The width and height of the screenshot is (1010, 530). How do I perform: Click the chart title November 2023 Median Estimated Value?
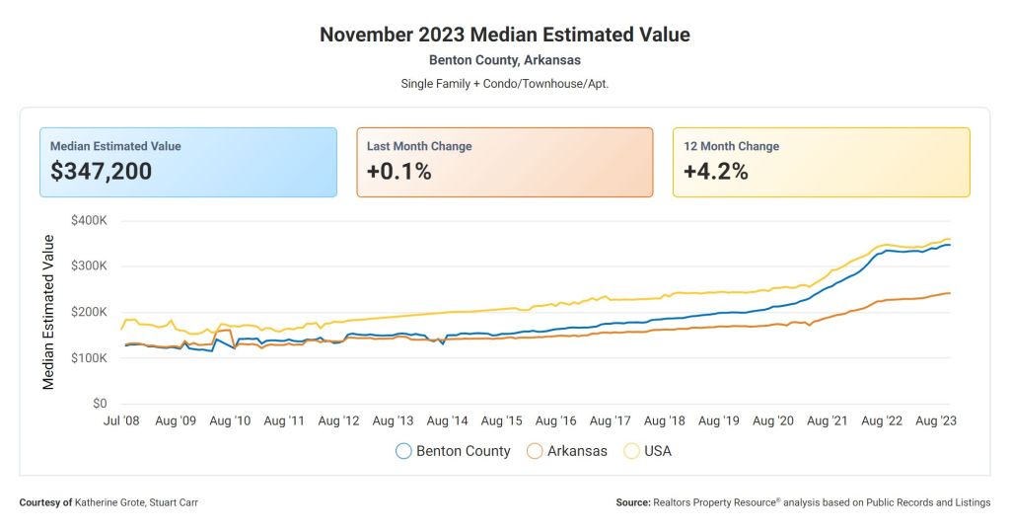click(505, 35)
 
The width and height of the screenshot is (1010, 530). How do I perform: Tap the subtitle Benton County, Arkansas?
click(505, 60)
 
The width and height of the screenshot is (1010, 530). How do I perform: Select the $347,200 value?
click(102, 171)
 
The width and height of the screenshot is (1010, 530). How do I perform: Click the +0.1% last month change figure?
click(398, 171)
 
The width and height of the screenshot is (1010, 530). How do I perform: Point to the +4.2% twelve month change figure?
click(716, 171)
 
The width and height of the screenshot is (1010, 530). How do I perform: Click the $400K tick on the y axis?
click(90, 220)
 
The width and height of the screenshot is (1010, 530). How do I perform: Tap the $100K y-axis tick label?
click(90, 358)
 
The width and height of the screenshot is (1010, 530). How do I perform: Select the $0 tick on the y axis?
click(100, 404)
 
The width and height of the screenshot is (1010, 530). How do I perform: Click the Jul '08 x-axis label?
click(121, 421)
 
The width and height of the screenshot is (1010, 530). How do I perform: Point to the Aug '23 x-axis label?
click(936, 421)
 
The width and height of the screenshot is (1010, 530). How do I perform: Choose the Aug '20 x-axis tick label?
click(773, 421)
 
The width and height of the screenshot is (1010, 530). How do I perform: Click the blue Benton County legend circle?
click(403, 451)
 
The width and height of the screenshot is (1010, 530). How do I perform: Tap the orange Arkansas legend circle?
click(535, 451)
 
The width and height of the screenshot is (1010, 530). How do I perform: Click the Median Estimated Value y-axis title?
click(48, 311)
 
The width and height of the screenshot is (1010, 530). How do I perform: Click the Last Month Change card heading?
click(419, 146)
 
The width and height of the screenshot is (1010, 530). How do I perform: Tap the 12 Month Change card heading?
click(731, 146)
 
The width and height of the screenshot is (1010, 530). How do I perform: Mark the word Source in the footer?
click(632, 502)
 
